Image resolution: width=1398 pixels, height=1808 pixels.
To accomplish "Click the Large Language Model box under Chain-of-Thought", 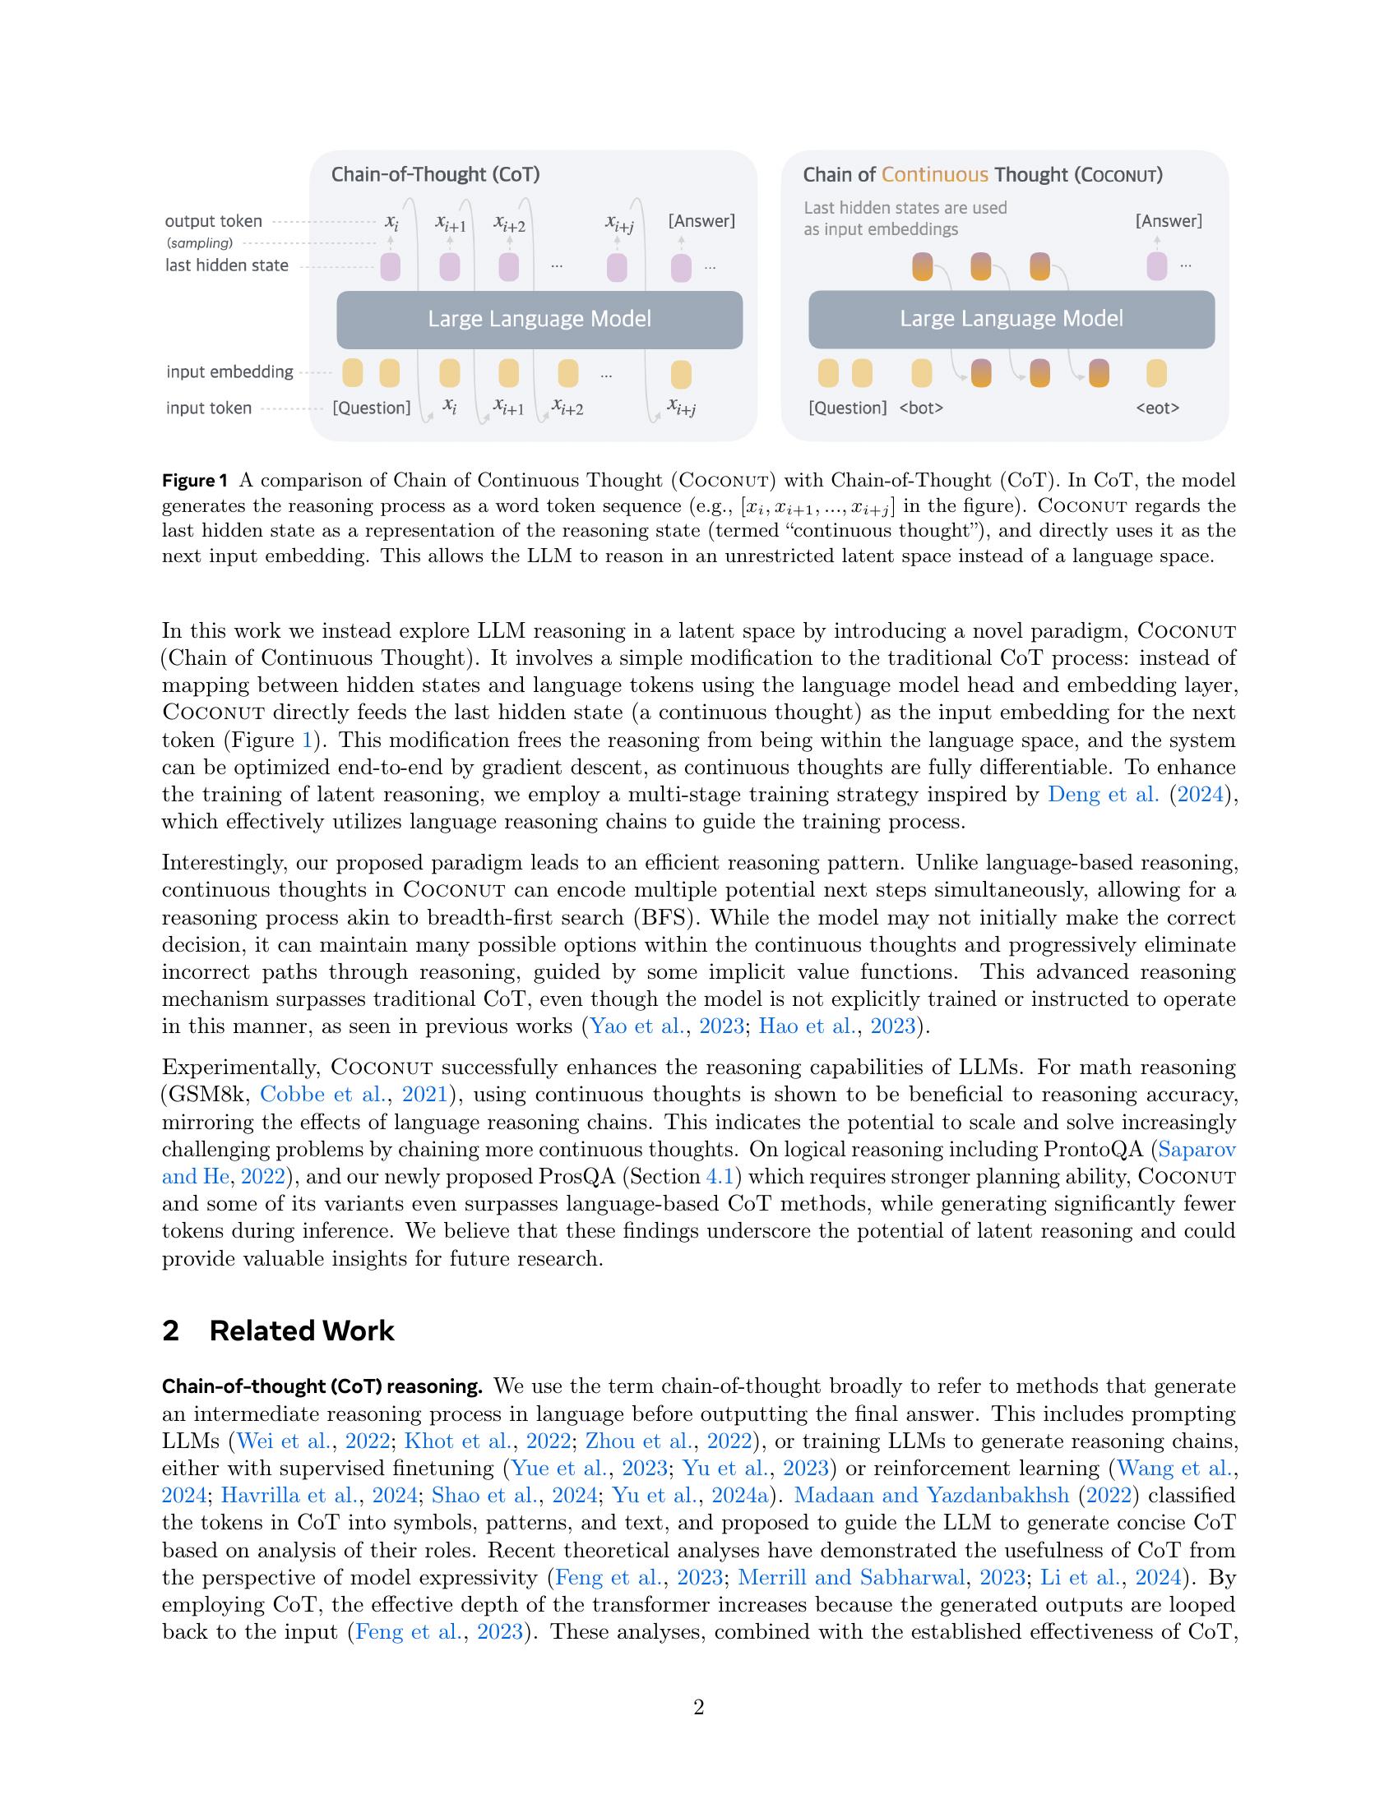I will coord(539,319).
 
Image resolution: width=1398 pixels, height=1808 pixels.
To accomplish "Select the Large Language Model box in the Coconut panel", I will coord(1011,319).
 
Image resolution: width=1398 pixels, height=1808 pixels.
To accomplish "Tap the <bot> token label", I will coord(921,408).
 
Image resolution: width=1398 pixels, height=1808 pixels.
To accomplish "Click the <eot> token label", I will coord(1157,408).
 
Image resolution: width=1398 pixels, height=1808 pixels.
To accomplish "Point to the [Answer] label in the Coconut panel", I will coord(1169,221).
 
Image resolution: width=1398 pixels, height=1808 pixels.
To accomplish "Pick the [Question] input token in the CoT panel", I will coord(371,408).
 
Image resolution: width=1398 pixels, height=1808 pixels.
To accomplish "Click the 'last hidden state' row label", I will coord(227,265).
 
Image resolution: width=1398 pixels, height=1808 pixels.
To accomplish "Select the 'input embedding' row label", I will coord(229,371).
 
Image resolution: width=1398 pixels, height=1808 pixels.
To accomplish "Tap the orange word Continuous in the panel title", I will coord(934,175).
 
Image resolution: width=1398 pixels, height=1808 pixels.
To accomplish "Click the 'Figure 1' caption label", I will coord(194,481).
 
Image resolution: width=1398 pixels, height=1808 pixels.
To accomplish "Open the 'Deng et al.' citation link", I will coord(1103,795).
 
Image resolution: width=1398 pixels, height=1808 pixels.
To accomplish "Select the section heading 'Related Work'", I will coord(302,1331).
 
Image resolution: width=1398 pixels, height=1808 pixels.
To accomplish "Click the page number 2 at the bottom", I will coord(698,1707).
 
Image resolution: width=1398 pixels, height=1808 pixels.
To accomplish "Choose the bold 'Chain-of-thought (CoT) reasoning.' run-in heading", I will coord(322,1386).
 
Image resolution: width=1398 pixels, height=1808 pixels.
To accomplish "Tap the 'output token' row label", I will coord(213,221).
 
